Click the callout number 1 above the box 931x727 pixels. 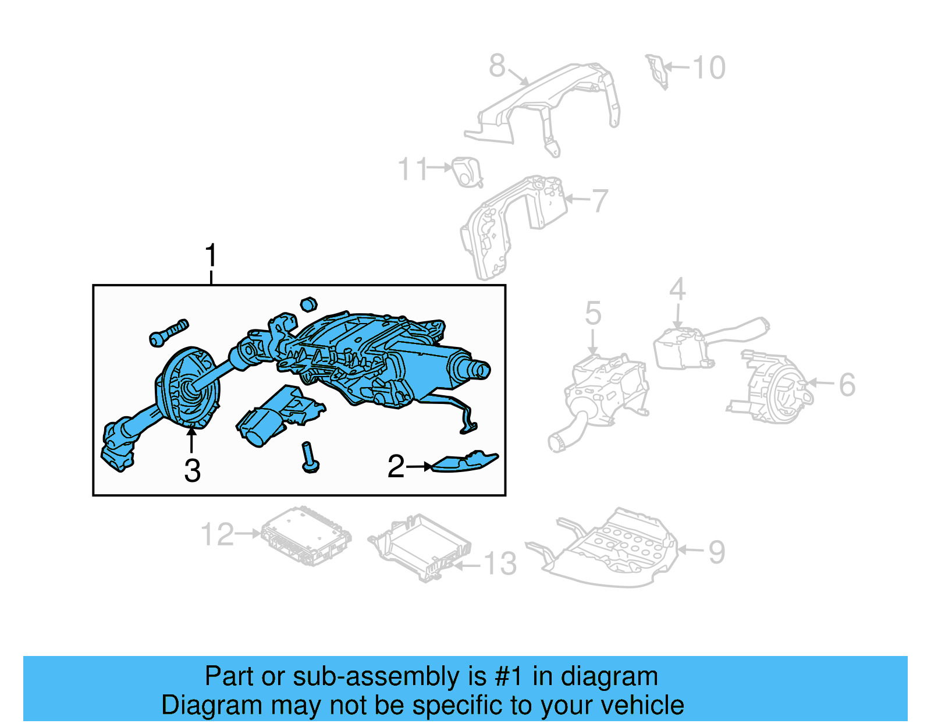click(x=211, y=256)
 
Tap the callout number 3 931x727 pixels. click(x=192, y=470)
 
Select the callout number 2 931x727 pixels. click(x=396, y=466)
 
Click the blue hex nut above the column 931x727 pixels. click(x=308, y=304)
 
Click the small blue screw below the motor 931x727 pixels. click(x=309, y=458)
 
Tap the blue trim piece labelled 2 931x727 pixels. click(x=464, y=462)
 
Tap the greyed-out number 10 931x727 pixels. click(x=709, y=68)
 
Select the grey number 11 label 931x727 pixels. click(x=413, y=169)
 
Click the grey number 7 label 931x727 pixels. click(x=599, y=201)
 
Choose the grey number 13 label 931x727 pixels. click(x=500, y=564)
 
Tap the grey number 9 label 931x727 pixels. click(x=717, y=552)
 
